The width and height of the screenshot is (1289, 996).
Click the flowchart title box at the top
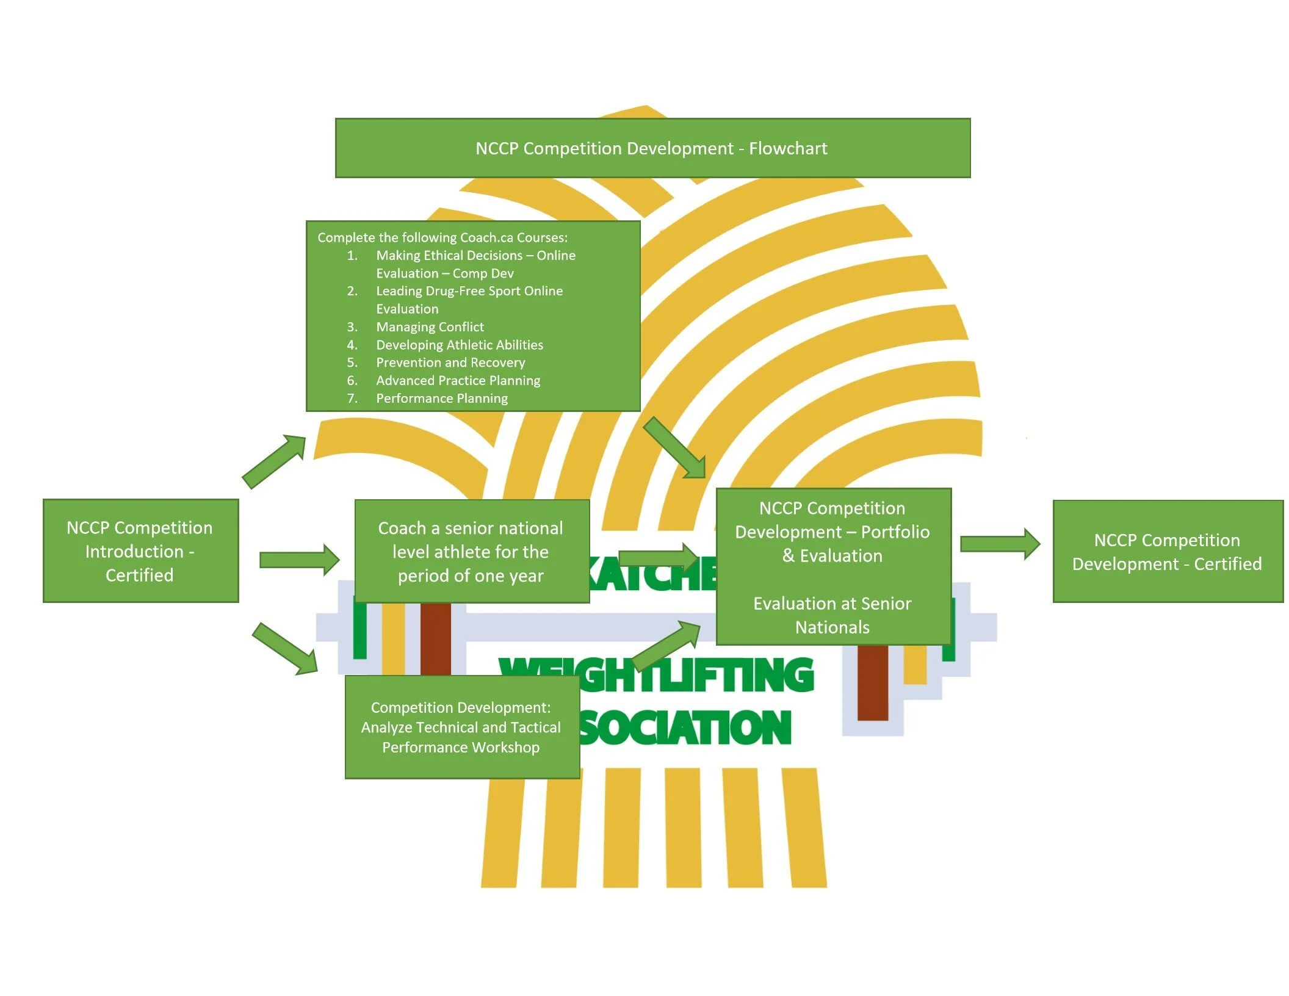[652, 148]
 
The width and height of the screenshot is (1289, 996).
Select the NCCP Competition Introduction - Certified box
[140, 551]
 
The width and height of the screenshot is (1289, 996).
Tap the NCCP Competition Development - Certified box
[1167, 552]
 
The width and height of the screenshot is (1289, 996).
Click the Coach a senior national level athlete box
[471, 552]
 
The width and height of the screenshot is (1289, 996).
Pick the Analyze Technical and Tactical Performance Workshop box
[461, 727]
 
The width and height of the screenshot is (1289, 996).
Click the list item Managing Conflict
[430, 327]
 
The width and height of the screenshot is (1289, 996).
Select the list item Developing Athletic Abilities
[459, 345]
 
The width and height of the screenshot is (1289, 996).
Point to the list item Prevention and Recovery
[450, 363]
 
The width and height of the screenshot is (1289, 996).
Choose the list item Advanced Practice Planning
[458, 381]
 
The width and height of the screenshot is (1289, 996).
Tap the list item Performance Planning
[442, 399]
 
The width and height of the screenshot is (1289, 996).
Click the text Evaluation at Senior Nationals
[832, 615]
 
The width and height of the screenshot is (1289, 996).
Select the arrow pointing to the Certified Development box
[1000, 544]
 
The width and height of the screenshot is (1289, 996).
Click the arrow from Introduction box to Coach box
[299, 560]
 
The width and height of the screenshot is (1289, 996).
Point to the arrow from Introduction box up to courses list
[274, 461]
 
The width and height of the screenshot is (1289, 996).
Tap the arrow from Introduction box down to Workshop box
[285, 649]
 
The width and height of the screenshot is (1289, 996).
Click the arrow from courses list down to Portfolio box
[675, 448]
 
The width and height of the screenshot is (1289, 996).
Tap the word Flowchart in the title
[788, 148]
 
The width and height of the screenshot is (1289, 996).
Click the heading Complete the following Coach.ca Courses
[442, 237]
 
